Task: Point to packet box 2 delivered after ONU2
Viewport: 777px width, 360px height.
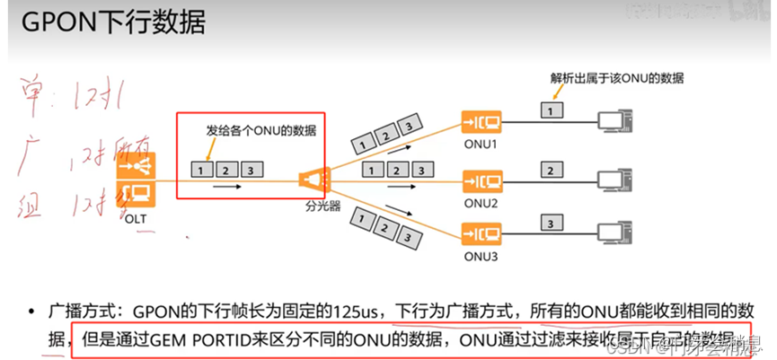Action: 549,168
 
